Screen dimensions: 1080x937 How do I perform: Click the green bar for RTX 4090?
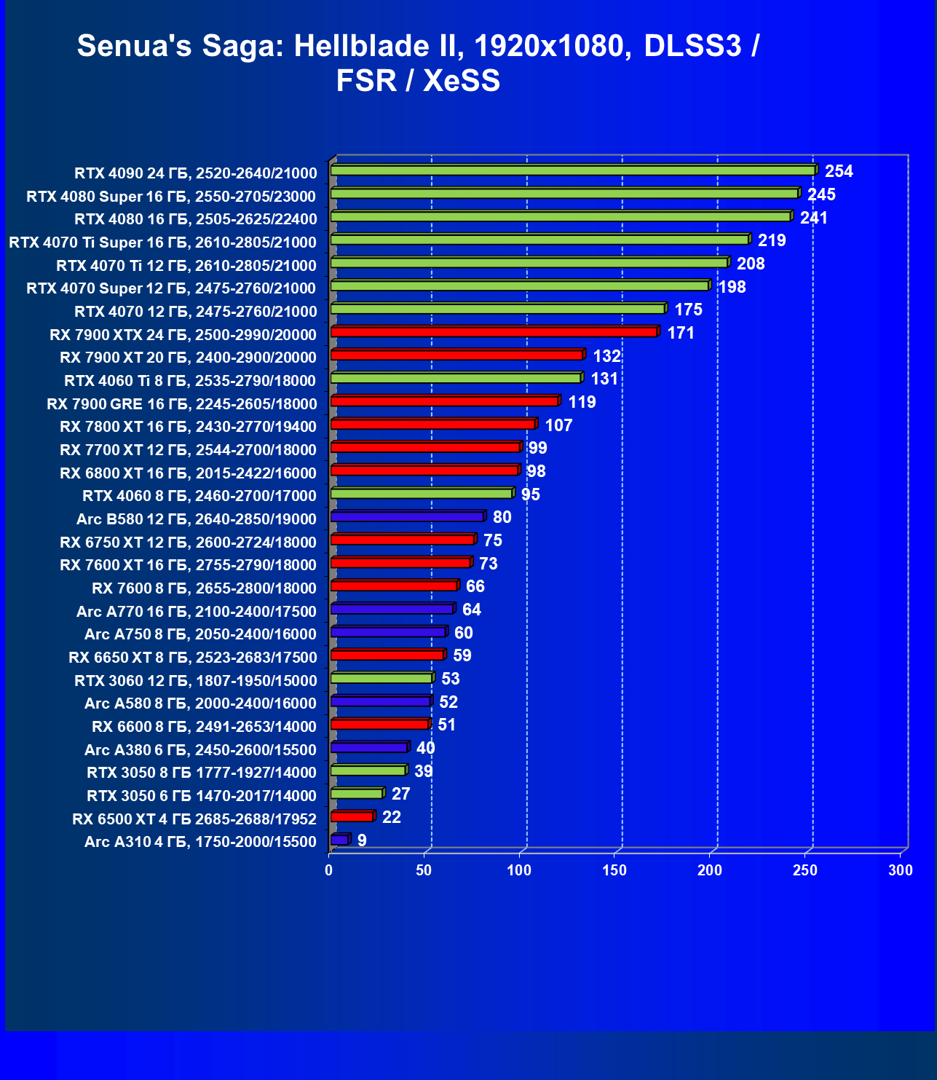click(572, 170)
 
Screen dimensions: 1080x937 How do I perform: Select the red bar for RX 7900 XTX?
click(494, 332)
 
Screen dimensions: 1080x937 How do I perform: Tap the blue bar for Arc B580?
click(407, 516)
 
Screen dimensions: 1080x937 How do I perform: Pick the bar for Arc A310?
click(339, 840)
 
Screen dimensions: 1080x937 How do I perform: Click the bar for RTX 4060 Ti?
click(456, 378)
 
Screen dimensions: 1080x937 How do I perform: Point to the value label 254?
click(839, 171)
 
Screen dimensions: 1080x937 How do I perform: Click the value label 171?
click(681, 333)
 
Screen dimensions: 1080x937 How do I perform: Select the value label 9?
click(362, 840)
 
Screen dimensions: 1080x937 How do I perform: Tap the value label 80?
click(502, 517)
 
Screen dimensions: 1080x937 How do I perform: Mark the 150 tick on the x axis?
click(614, 870)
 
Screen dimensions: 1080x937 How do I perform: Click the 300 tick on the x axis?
click(901, 870)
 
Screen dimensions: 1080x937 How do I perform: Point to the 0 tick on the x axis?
click(329, 870)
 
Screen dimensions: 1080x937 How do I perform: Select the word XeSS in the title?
click(462, 81)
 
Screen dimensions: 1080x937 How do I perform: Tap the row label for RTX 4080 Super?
click(171, 197)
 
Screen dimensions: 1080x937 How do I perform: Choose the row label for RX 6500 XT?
click(194, 819)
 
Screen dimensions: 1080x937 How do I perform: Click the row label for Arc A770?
click(197, 612)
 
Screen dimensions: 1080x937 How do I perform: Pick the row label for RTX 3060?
click(196, 681)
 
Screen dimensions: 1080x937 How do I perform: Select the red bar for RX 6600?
click(379, 724)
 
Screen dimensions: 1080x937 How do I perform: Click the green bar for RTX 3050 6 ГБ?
click(357, 793)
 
